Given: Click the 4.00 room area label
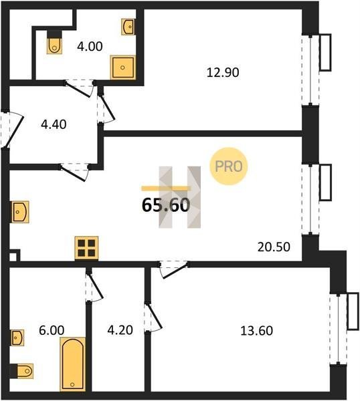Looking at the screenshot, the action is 90,47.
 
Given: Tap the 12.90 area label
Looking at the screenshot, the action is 223,72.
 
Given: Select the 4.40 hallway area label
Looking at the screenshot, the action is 54,124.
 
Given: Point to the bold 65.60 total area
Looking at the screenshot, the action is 166,205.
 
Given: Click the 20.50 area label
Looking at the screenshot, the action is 274,247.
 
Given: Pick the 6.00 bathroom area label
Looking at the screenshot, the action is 52,330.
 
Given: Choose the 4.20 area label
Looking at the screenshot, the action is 120,330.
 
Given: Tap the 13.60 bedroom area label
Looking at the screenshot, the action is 256,331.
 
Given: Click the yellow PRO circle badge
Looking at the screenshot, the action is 229,166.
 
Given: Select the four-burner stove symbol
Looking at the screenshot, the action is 86,248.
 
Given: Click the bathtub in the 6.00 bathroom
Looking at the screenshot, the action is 73,364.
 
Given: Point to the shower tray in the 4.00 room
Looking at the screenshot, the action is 123,68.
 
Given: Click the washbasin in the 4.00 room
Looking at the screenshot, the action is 128,26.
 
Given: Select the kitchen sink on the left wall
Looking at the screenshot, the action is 19,212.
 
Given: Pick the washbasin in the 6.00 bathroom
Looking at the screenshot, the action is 17,338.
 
